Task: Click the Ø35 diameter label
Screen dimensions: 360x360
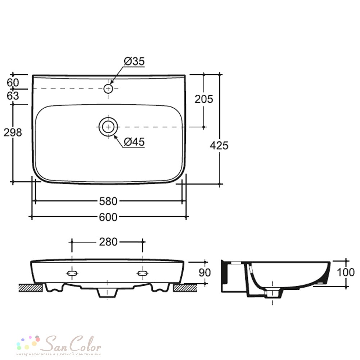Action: pos(134,61)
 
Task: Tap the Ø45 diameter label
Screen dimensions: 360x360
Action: pos(134,141)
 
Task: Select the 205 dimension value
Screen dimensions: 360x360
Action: pos(204,99)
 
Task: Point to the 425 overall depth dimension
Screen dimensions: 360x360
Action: pos(219,145)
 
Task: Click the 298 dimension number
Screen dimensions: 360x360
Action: pos(13,132)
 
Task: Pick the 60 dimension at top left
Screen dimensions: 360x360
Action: pos(13,83)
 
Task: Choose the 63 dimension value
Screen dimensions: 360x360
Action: pos(13,96)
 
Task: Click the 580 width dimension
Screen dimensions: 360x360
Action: pos(108,201)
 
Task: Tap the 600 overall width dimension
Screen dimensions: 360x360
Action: pos(108,217)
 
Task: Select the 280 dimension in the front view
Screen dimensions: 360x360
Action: pos(108,242)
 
